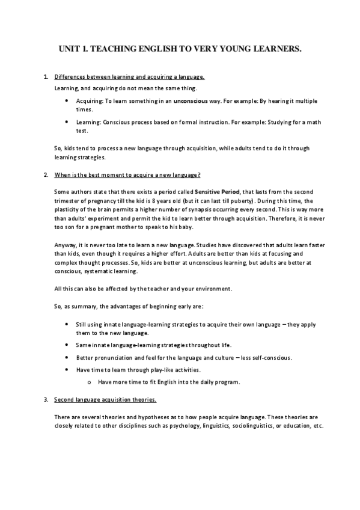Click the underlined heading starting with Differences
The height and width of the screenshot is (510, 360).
click(129, 77)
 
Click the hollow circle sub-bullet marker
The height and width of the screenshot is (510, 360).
click(88, 382)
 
